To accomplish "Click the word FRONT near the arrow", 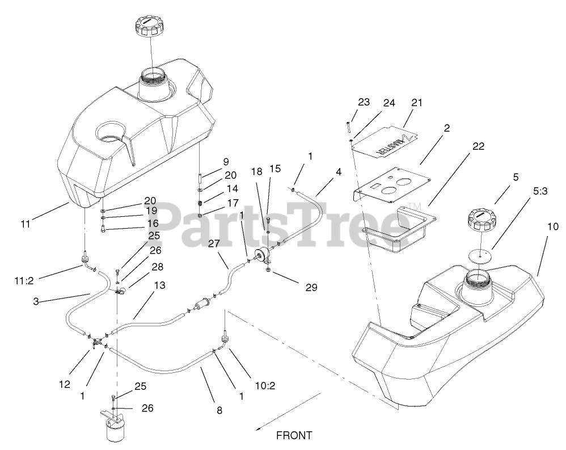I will tap(294, 435).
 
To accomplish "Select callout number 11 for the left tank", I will tap(25, 224).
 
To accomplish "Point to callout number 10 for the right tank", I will tap(553, 226).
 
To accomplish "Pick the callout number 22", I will tap(478, 146).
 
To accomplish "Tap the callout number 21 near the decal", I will tap(417, 103).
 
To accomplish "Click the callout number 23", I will tap(364, 103).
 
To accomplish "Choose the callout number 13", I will tap(159, 285).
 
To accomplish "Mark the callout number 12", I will tap(64, 384).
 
